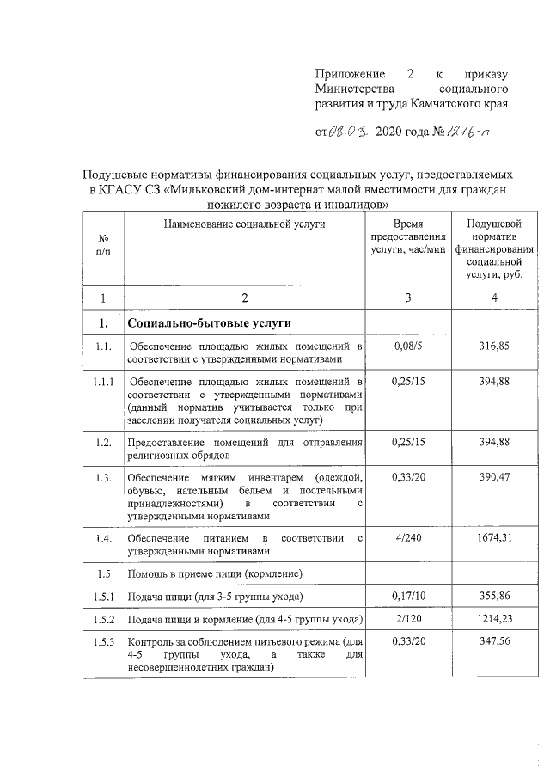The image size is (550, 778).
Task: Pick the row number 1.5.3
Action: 103,641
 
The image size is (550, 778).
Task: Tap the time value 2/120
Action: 407,618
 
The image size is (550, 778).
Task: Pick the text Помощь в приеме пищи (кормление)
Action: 213,572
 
